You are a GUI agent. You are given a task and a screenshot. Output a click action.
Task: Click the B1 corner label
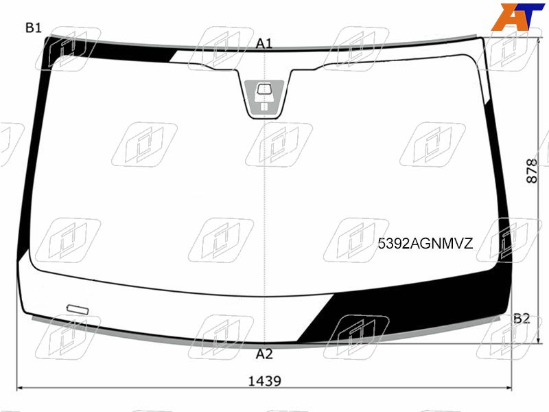tap(34, 27)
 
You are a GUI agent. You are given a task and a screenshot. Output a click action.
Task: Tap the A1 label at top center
tap(264, 44)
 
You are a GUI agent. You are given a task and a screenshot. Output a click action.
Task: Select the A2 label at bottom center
tap(264, 354)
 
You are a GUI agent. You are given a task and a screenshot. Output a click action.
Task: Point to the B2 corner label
tap(522, 319)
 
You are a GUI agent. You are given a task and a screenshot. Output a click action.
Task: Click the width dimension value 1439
tap(264, 381)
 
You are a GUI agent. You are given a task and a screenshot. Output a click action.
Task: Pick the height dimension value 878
tap(531, 171)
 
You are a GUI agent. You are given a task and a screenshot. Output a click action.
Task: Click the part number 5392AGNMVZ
tap(425, 243)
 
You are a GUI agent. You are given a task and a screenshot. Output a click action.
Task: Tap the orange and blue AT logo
tap(517, 16)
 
